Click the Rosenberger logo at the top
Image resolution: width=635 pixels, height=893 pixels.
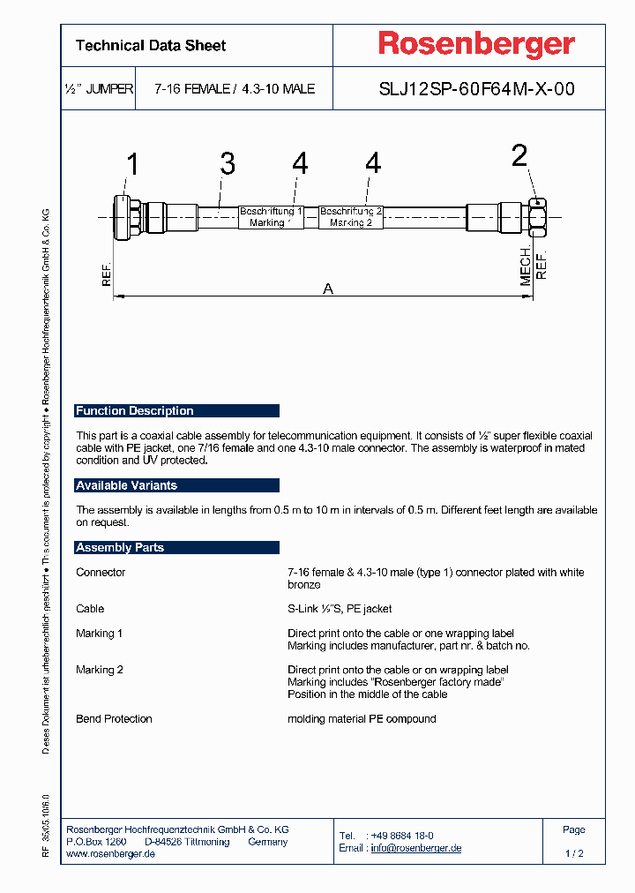pos(476,44)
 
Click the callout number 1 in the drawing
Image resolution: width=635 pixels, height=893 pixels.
pos(132,165)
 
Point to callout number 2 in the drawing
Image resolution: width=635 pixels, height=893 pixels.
pos(519,156)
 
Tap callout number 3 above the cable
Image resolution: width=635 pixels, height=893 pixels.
pos(228,163)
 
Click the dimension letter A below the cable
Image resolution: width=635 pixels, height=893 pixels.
pos(328,289)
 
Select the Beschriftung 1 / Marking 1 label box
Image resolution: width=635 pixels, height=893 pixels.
pos(271,217)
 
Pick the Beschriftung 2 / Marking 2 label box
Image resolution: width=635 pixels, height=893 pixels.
pos(350,217)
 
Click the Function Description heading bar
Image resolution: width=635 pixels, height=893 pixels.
pos(177,410)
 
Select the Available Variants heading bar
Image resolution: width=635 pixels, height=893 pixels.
pos(177,485)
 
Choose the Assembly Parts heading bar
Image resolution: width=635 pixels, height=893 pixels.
pos(177,547)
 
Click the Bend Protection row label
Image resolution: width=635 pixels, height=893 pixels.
pos(114,719)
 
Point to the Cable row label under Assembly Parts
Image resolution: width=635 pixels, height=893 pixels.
pos(90,609)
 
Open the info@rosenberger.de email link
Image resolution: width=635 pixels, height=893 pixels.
pos(415,848)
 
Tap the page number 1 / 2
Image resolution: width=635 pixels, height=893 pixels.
pos(574,853)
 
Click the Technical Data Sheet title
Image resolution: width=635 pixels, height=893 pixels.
pos(151,46)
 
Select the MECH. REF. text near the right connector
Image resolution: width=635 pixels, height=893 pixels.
pos(534,265)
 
